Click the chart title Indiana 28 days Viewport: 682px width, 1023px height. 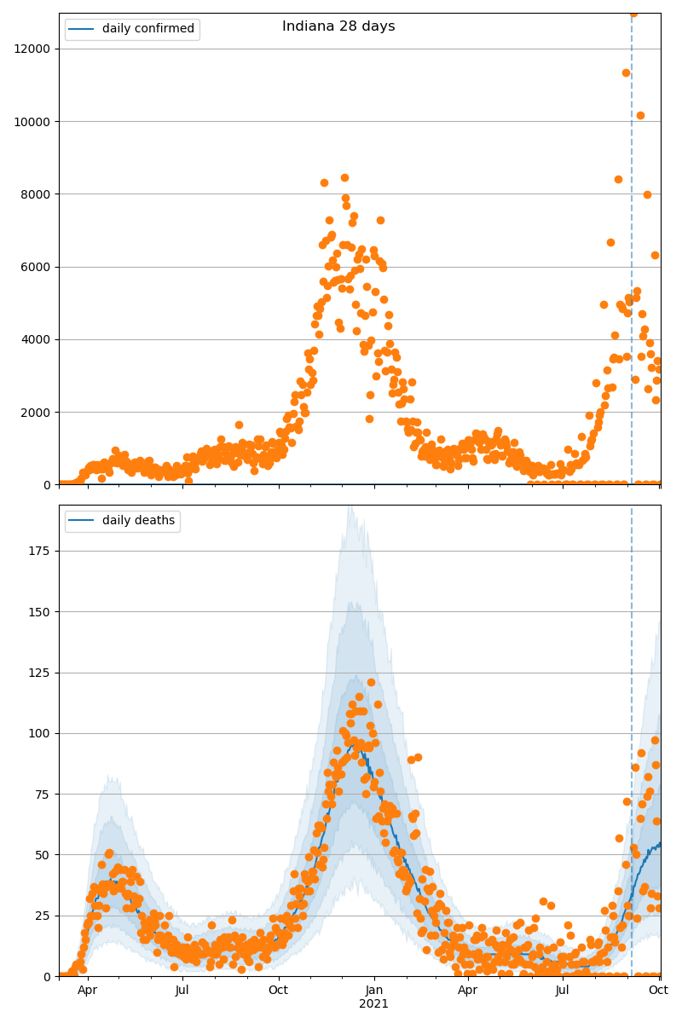pos(338,26)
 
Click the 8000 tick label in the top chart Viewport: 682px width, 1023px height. pos(36,194)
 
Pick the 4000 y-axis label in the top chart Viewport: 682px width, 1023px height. pos(36,339)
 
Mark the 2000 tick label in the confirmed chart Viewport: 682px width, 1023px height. pos(36,413)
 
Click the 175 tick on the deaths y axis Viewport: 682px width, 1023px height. pos(41,551)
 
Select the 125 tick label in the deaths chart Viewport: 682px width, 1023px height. pos(41,673)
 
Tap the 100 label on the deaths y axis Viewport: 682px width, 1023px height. pos(41,733)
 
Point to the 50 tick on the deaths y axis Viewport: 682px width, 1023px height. pos(44,855)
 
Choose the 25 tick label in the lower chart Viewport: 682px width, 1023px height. pos(44,916)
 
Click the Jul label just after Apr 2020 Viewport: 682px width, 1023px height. pos(182,991)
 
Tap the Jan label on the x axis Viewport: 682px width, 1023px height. pos(373,991)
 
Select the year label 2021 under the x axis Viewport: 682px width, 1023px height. pos(373,1004)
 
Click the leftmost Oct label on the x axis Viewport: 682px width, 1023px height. pos(278,991)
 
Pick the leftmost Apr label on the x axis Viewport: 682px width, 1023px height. pos(87,991)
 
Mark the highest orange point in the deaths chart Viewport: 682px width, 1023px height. pos(371,682)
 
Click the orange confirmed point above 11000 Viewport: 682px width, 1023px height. pos(626,72)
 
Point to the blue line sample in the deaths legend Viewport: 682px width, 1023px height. pos(83,521)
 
